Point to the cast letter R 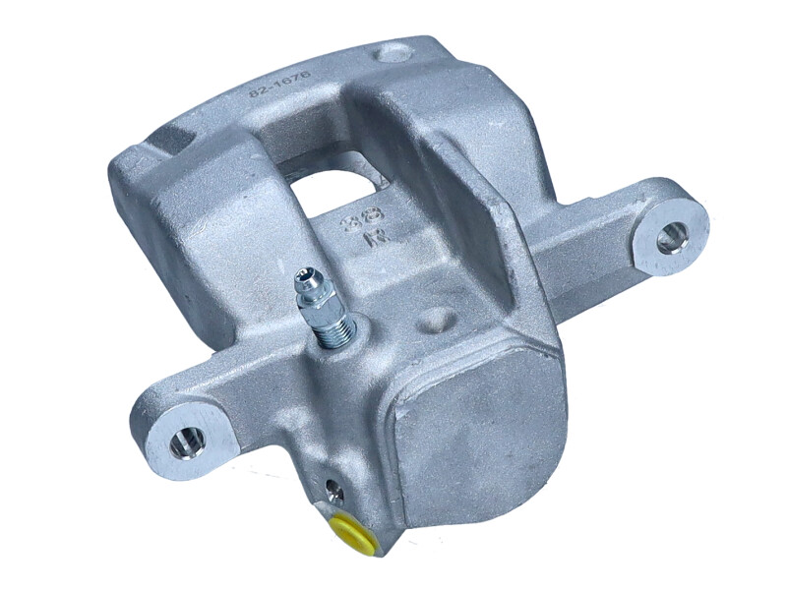coord(372,239)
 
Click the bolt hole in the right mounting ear coord(672,237)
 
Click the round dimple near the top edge coord(393,53)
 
